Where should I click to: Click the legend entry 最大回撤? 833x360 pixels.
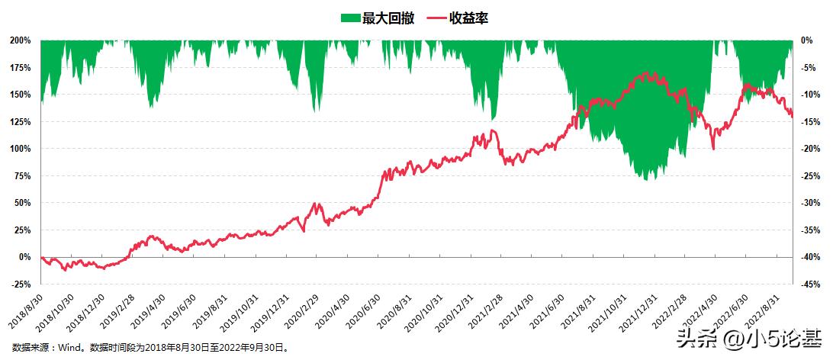tap(388, 18)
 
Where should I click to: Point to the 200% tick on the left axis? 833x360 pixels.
tap(20, 40)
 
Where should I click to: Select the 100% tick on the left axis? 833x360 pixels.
tap(20, 149)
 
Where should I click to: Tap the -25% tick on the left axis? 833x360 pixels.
tap(20, 284)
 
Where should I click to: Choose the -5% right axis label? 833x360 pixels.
tap(806, 68)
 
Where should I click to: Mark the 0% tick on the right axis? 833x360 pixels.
tap(805, 40)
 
